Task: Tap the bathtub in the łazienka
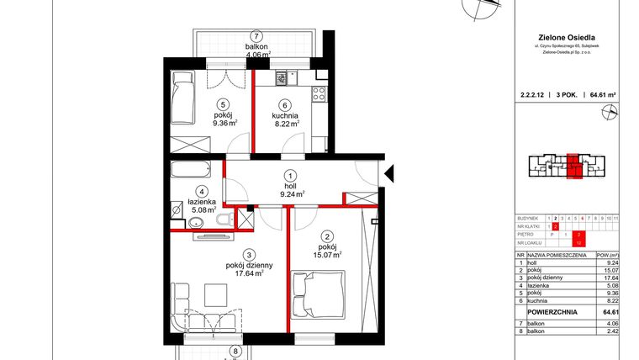(193, 171)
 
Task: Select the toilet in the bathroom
(221, 220)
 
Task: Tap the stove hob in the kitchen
(319, 95)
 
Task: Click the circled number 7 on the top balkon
(256, 36)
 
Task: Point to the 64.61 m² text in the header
(604, 96)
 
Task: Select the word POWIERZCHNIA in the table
(551, 311)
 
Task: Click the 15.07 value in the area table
(610, 271)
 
